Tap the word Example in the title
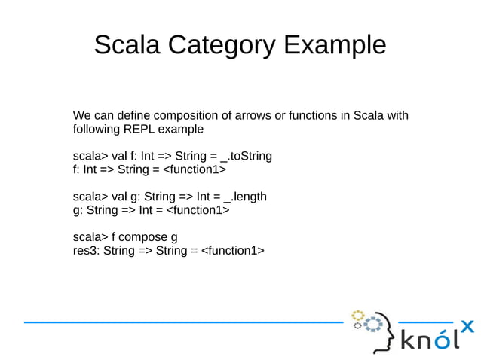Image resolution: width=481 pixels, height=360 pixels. point(335,45)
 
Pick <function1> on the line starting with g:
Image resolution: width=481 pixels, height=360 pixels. point(197,210)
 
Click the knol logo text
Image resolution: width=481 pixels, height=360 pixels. point(427,340)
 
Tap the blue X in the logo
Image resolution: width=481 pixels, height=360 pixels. point(467,327)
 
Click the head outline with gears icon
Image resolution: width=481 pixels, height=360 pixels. point(374,330)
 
